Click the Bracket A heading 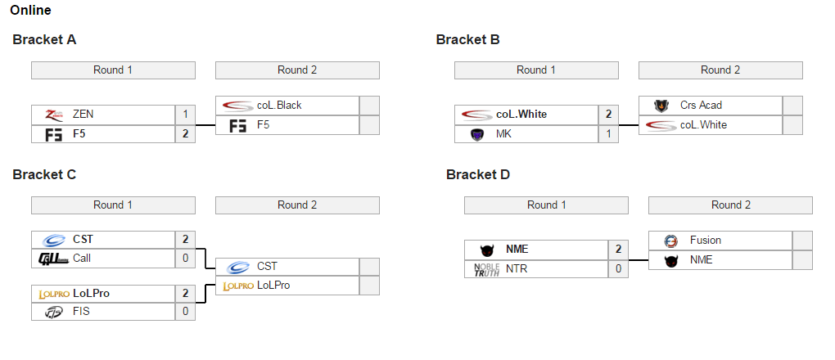click(x=44, y=39)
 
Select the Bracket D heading click(x=478, y=174)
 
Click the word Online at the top click(x=30, y=11)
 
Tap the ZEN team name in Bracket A click(x=83, y=115)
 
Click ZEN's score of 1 click(x=185, y=115)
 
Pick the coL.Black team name click(x=279, y=106)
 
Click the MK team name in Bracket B click(x=503, y=134)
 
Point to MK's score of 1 click(x=608, y=134)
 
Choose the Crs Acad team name click(x=701, y=106)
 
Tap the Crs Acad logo click(x=661, y=106)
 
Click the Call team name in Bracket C click(x=82, y=259)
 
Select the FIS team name click(x=82, y=312)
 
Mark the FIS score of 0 click(x=185, y=312)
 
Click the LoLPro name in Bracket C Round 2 click(x=273, y=286)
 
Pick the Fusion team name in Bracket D click(x=706, y=241)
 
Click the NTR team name click(x=517, y=268)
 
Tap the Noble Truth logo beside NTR click(x=486, y=269)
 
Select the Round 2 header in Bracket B click(x=720, y=70)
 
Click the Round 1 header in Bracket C click(x=113, y=205)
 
